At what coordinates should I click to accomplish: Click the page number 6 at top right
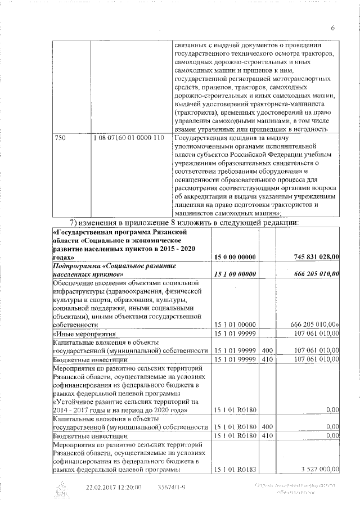[x=332, y=29]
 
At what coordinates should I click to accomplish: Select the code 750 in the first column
[x=59, y=138]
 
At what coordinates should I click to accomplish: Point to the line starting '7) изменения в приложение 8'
[x=186, y=223]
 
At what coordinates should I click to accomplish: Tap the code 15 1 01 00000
[x=236, y=325]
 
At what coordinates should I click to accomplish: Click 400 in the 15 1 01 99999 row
[x=267, y=350]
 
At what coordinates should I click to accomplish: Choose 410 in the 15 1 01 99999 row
[x=267, y=359]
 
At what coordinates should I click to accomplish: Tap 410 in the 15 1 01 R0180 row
[x=267, y=436]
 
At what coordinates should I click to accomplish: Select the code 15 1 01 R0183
[x=236, y=470]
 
